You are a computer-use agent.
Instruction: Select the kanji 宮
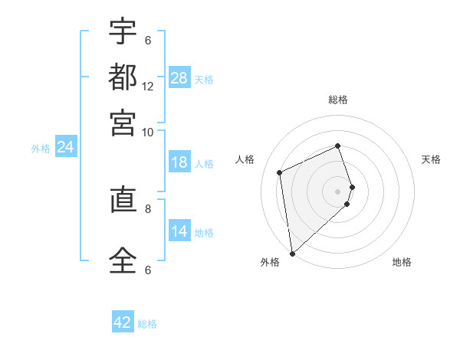(123, 122)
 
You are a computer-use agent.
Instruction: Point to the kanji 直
(123, 200)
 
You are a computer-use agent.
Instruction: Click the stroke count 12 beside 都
(148, 87)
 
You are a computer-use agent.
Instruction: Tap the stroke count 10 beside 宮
(148, 132)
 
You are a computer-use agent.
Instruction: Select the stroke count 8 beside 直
(148, 208)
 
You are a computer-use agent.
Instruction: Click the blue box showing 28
(179, 77)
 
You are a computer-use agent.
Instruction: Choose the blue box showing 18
(179, 162)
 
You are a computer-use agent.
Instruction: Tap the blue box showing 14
(179, 231)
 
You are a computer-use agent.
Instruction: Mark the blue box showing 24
(65, 147)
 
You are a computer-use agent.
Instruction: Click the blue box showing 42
(123, 322)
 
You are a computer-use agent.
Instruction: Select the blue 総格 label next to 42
(147, 324)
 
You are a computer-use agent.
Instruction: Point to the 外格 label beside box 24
(41, 149)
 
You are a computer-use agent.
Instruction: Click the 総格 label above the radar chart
(338, 100)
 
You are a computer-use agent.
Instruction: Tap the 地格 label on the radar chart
(402, 262)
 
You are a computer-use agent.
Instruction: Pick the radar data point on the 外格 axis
(292, 254)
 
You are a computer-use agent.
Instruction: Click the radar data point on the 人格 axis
(280, 172)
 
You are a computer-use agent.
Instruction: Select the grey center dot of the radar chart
(338, 191)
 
